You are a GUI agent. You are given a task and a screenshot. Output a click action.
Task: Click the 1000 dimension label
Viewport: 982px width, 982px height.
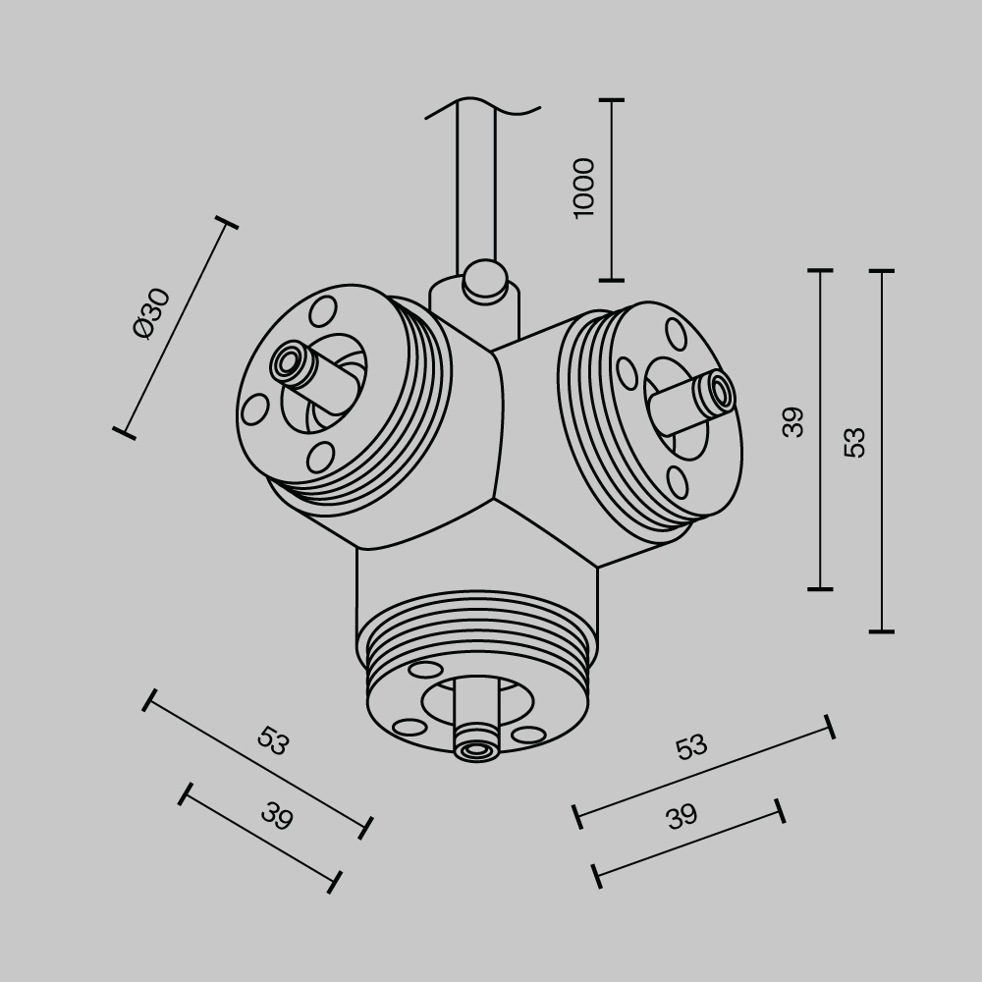(583, 188)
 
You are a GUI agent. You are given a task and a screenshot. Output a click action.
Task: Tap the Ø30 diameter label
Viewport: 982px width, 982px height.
(152, 312)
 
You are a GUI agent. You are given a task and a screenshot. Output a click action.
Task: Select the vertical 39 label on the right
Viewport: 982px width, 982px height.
(793, 422)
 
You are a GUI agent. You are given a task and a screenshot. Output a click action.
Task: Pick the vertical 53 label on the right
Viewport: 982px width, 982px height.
(855, 442)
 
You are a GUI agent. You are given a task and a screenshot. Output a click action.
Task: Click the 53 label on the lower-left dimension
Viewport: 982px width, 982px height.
(273, 741)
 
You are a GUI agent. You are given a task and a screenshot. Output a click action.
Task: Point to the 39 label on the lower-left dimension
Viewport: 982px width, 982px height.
(277, 816)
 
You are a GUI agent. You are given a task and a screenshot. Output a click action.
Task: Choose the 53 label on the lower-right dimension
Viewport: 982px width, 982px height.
(691, 747)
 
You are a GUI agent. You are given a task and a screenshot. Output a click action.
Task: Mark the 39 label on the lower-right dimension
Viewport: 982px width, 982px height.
(681, 816)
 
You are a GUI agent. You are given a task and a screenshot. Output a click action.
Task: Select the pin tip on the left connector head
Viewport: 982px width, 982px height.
(288, 362)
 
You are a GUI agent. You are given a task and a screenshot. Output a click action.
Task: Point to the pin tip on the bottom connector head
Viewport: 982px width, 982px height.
(478, 750)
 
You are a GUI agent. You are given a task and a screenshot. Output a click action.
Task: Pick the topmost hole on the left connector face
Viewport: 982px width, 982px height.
(321, 311)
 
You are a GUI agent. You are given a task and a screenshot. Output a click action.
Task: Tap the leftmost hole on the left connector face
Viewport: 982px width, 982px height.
(255, 409)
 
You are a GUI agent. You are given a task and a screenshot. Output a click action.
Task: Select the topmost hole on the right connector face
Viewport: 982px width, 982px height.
(676, 333)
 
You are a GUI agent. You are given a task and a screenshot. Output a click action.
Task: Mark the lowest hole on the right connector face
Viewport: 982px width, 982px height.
(677, 481)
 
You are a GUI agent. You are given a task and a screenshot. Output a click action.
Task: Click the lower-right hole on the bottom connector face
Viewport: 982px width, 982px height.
(528, 735)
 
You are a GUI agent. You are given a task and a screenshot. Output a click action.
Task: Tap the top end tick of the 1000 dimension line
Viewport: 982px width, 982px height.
(612, 100)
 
